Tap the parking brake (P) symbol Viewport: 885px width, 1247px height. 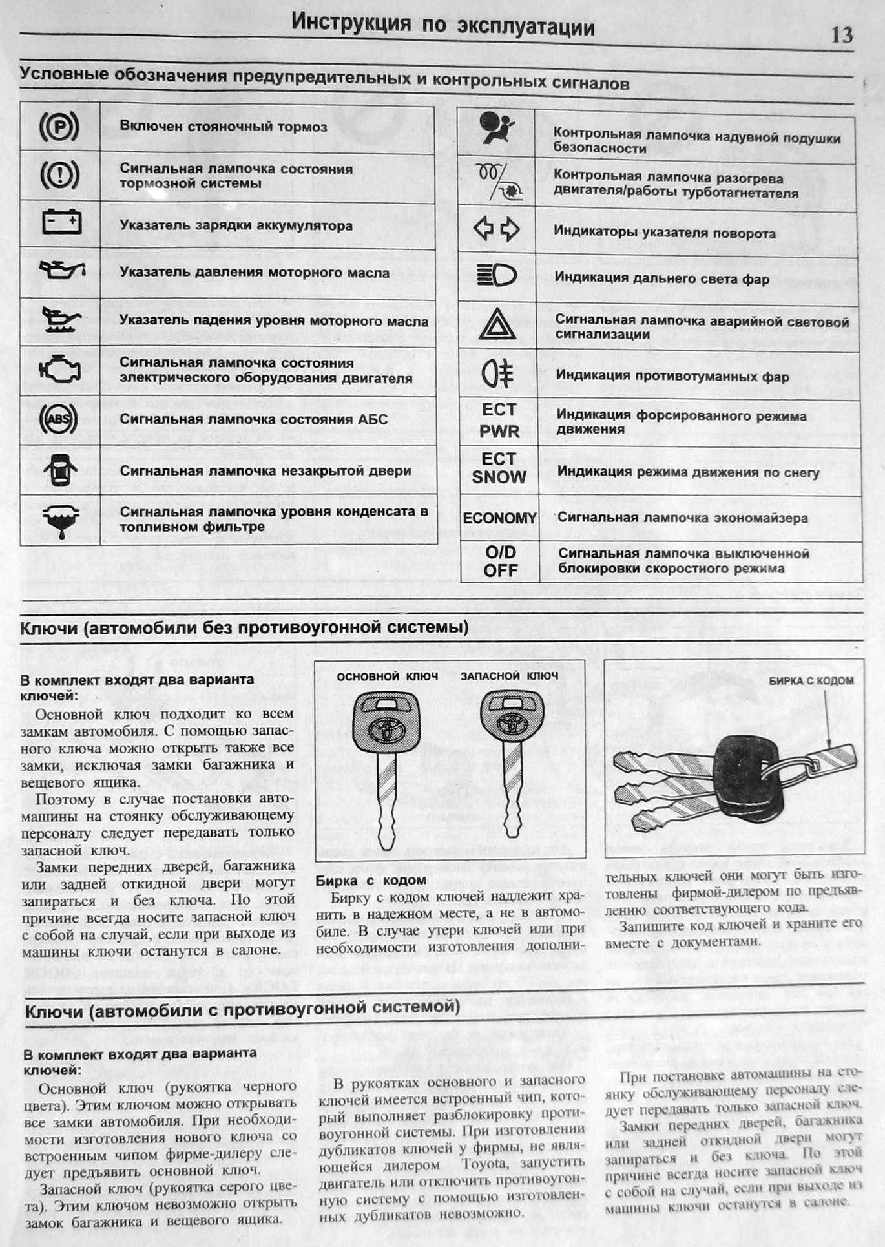[x=59, y=127]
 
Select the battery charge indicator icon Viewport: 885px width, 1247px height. [x=61, y=222]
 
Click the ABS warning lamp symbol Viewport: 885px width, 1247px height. [x=59, y=419]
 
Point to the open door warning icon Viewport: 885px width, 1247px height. [x=60, y=470]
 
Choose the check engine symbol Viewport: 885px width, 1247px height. [x=59, y=370]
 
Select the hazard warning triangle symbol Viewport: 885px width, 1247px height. [x=496, y=324]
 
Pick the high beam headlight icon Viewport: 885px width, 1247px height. [x=497, y=277]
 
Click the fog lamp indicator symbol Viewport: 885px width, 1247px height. [x=497, y=375]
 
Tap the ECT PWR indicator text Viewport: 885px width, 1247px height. [x=499, y=420]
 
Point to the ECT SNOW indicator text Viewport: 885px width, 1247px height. [x=499, y=468]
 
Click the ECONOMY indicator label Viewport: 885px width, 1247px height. [x=499, y=518]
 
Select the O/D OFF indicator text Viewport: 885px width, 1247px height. [x=501, y=561]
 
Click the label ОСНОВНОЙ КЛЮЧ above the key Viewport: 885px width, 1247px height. [x=388, y=676]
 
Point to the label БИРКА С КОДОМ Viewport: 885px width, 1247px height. [x=811, y=680]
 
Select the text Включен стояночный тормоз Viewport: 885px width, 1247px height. [x=224, y=127]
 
